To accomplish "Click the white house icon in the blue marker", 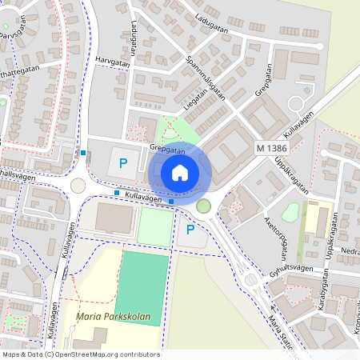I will click(180, 173).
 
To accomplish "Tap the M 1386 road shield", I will click(272, 149).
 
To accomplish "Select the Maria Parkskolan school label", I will click(113, 317).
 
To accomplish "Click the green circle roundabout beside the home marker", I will click(204, 207).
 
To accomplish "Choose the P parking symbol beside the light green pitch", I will click(190, 230).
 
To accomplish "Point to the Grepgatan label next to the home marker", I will click(166, 149).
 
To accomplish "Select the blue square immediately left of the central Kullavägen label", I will click(117, 194).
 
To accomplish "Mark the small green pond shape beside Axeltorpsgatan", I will click(291, 212).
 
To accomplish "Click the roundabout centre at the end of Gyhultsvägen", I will click(250, 279).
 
